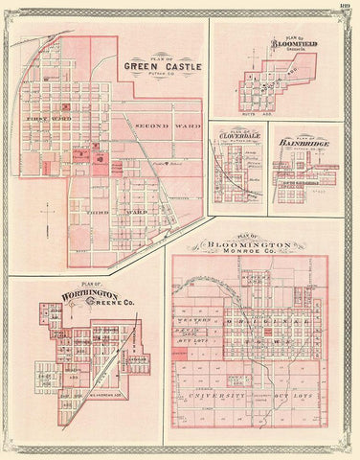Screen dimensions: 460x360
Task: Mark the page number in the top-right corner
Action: click(x=345, y=8)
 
